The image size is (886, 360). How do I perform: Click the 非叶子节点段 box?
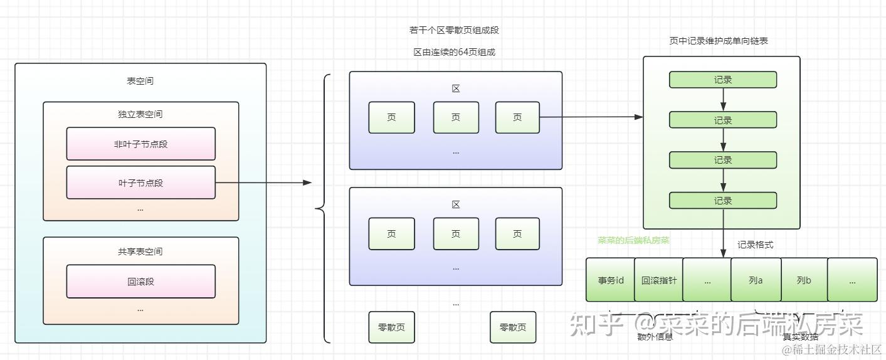(140, 144)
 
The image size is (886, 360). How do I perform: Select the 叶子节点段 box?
(140, 183)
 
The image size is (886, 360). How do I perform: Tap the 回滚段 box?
(140, 282)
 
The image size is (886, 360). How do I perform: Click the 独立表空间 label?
(140, 114)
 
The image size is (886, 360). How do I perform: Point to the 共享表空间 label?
(140, 251)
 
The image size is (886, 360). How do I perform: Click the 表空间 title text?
(140, 81)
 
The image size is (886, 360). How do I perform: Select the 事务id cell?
(610, 280)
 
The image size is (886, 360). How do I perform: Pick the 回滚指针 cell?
(658, 280)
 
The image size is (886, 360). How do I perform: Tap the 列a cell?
(756, 280)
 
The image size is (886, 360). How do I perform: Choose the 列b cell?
(804, 280)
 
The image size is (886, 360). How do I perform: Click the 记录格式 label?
(755, 245)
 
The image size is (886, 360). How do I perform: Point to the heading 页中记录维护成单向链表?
(719, 41)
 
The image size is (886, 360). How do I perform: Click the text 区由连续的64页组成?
(454, 52)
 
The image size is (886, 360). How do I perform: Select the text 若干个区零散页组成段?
(454, 30)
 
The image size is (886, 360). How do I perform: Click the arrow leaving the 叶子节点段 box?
(263, 183)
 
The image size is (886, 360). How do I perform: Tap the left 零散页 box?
(391, 327)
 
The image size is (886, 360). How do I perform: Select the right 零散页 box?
(513, 327)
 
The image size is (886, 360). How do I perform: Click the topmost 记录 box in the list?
(723, 80)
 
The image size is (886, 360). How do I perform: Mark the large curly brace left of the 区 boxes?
(324, 208)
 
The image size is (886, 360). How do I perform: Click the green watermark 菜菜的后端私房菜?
(633, 240)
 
